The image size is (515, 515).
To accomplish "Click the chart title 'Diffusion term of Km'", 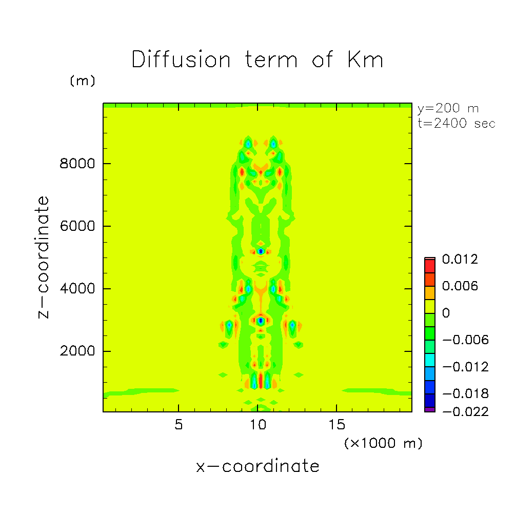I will [x=257, y=60].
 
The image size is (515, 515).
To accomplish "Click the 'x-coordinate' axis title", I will [x=257, y=466].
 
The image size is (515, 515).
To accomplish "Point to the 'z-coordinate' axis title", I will [x=44, y=257].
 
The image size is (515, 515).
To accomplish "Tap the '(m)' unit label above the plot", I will [x=82, y=81].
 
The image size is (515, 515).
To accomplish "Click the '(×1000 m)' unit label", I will [x=383, y=443].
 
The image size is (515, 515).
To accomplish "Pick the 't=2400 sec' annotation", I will [x=457, y=123].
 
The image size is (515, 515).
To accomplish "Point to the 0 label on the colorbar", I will [x=446, y=313].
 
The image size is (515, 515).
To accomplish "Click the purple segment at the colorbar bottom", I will [x=429, y=409].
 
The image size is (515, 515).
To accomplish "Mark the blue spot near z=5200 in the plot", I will [x=261, y=251].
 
